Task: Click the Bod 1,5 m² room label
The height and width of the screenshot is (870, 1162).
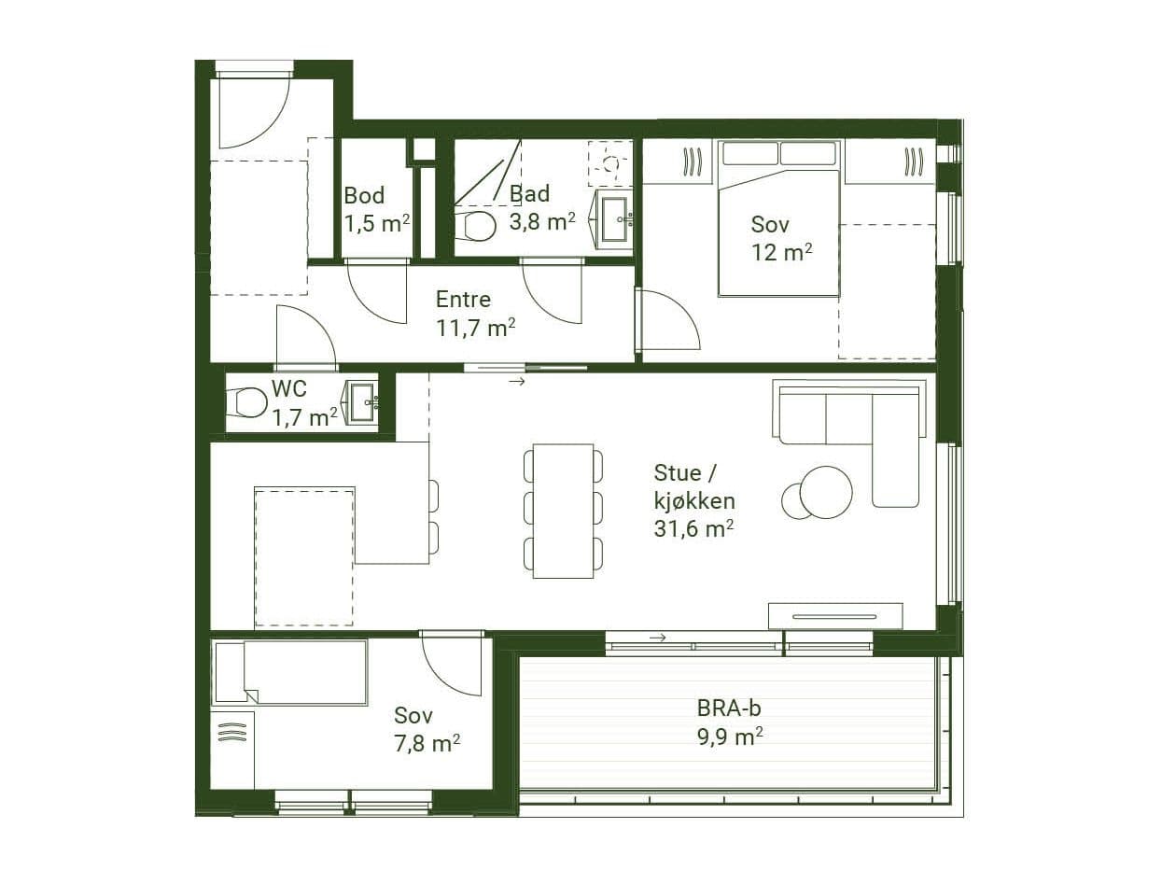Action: point(376,210)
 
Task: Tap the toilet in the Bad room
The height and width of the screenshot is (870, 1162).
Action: point(476,226)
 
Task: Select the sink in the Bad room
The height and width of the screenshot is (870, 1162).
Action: point(615,219)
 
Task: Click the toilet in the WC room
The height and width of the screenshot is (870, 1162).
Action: point(246,403)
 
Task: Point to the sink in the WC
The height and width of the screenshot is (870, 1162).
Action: point(362,402)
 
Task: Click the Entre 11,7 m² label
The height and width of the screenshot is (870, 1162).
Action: point(475,314)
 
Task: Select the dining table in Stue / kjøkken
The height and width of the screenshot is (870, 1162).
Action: point(563,511)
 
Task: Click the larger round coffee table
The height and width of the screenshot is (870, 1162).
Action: point(826,492)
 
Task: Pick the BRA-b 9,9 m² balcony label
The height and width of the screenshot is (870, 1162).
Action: point(730,723)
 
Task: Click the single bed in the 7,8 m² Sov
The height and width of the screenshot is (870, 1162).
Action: point(290,672)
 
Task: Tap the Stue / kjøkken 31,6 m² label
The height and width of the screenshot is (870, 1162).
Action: point(694,500)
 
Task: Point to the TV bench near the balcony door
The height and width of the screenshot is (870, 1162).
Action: point(836,616)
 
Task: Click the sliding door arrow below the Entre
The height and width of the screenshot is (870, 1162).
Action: point(517,381)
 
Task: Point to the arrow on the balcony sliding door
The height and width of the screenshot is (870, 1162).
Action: point(657,638)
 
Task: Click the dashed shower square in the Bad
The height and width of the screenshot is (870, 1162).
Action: point(610,163)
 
